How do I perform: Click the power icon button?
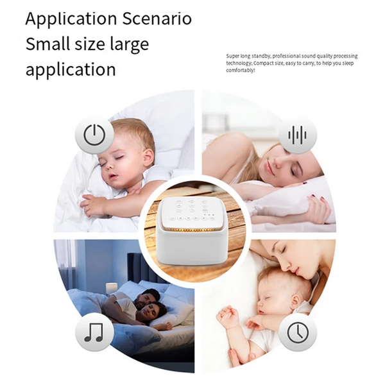pos(94,135)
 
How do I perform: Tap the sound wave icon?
pos(297,135)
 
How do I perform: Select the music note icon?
pos(94,332)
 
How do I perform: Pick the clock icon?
pos(297,332)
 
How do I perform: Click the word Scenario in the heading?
pos(157,18)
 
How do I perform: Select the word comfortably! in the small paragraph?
pos(241,70)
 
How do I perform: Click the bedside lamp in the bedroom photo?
pos(110,287)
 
